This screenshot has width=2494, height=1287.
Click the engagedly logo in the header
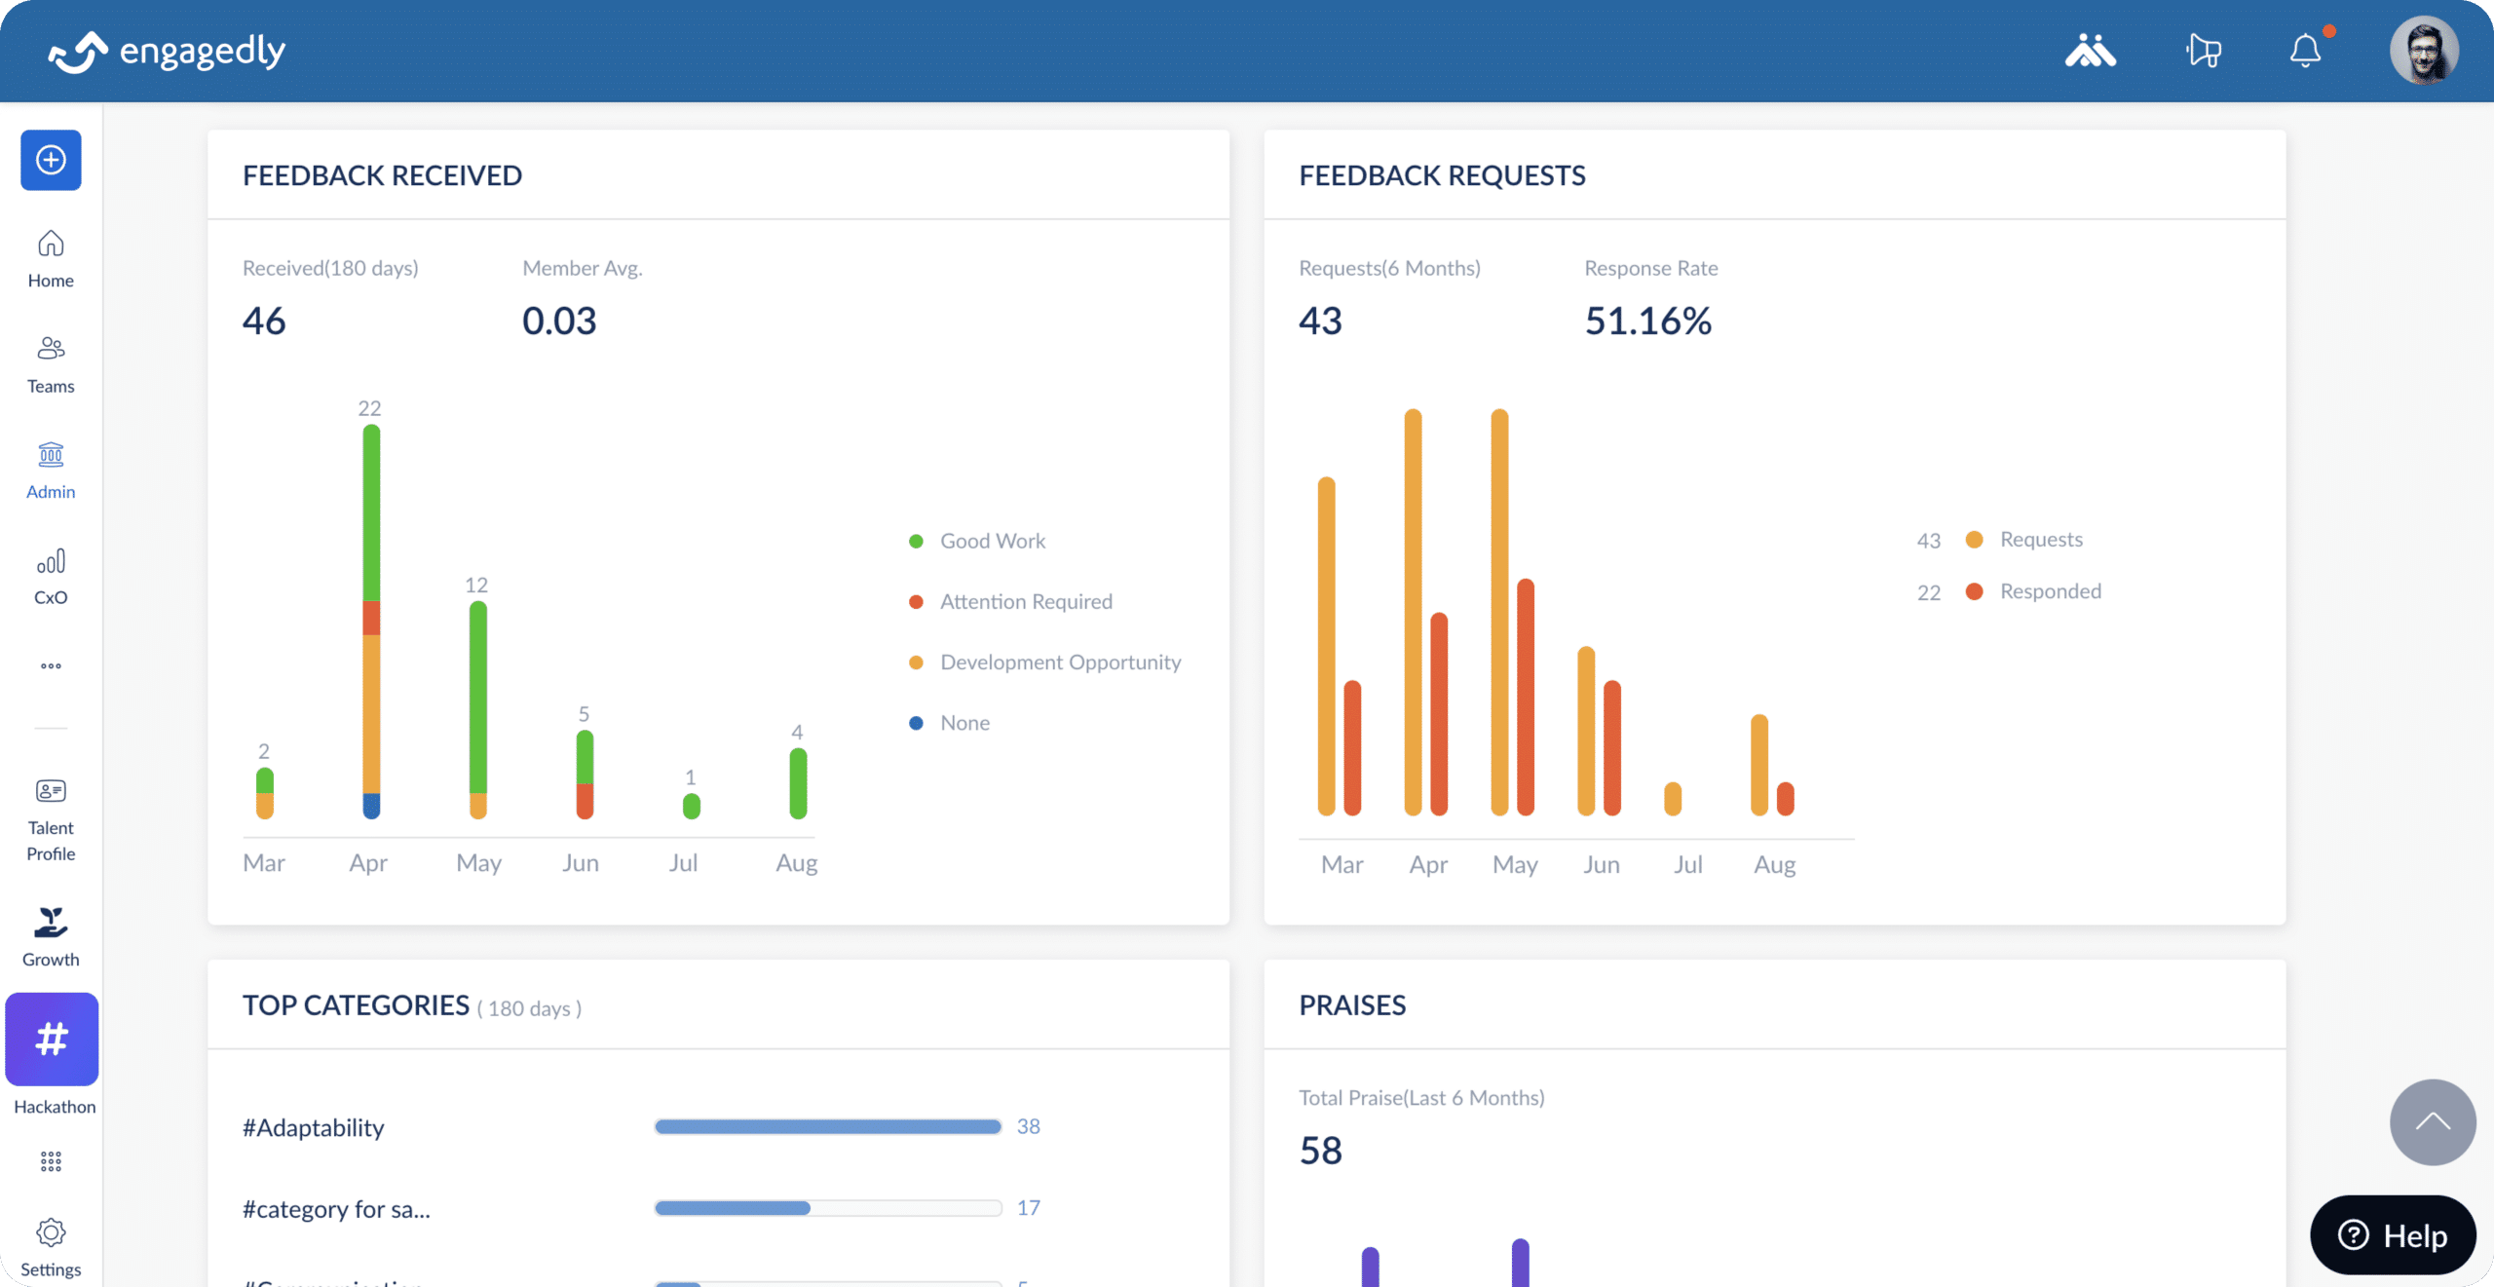[168, 52]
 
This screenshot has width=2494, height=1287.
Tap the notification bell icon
[2304, 51]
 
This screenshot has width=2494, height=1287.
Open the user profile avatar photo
[2423, 51]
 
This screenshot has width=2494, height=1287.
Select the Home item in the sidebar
[51, 258]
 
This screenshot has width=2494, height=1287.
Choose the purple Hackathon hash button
[52, 1039]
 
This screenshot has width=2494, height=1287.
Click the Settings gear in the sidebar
[51, 1233]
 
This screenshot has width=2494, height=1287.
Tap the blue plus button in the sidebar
[51, 160]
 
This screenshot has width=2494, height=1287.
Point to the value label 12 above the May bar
[475, 585]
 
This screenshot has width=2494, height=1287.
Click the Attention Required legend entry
[1025, 602]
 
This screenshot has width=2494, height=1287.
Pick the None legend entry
[964, 723]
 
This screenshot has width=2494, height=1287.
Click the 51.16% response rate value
[1647, 322]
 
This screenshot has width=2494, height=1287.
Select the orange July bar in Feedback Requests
[1673, 798]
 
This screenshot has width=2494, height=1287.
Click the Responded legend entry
[2049, 591]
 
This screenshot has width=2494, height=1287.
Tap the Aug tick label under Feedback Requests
[1774, 864]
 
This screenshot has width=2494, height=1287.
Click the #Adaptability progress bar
[827, 1126]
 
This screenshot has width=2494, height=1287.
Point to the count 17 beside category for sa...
[1028, 1208]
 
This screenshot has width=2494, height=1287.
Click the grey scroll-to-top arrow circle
[2432, 1121]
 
